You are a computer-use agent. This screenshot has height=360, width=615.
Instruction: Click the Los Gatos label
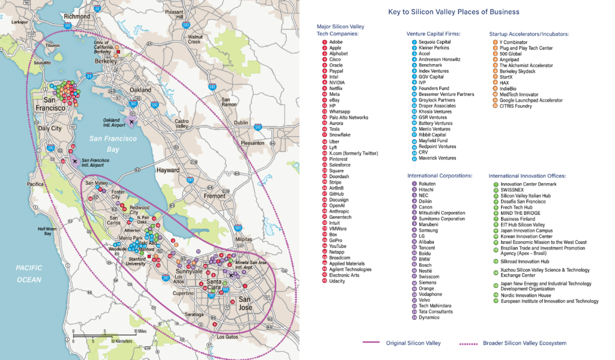point(227,337)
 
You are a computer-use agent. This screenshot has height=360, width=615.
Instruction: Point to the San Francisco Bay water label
point(113,143)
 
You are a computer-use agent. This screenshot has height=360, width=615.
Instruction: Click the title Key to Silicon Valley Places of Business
point(454,12)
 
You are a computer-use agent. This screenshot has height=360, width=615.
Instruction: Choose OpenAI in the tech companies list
point(337,206)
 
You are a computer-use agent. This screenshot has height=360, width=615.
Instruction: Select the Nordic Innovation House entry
point(526,295)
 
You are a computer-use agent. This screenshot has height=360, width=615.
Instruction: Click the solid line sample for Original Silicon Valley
point(380,343)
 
